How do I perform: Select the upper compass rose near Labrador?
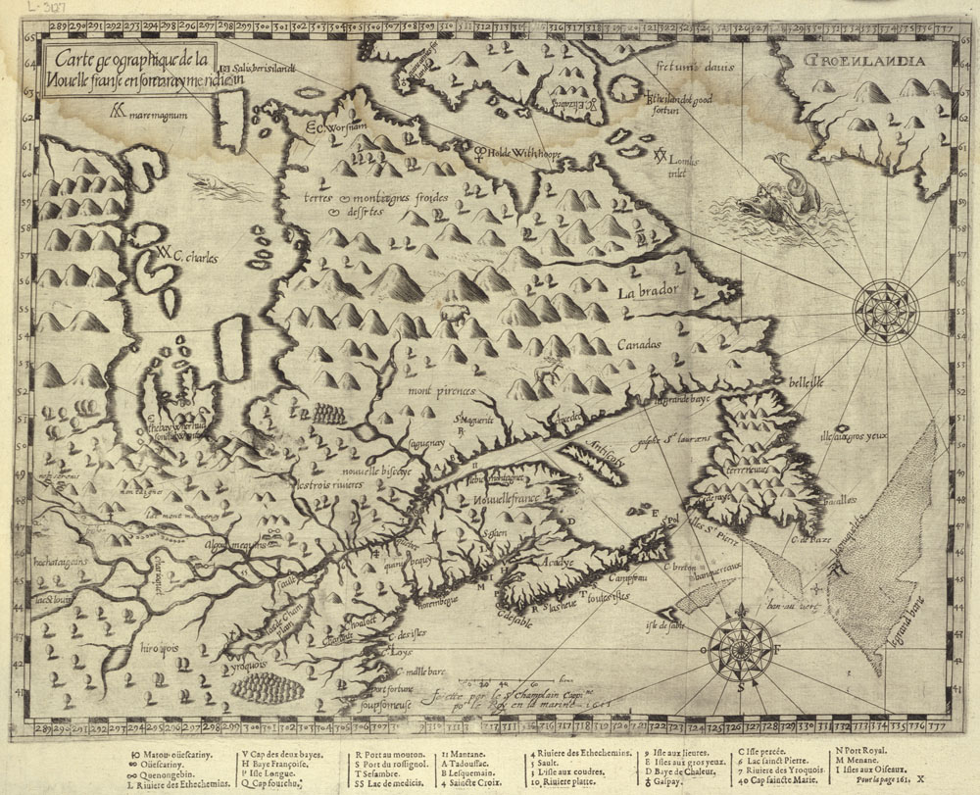(x=884, y=311)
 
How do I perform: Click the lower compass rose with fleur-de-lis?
(x=740, y=648)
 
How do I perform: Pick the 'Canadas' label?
(x=639, y=345)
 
